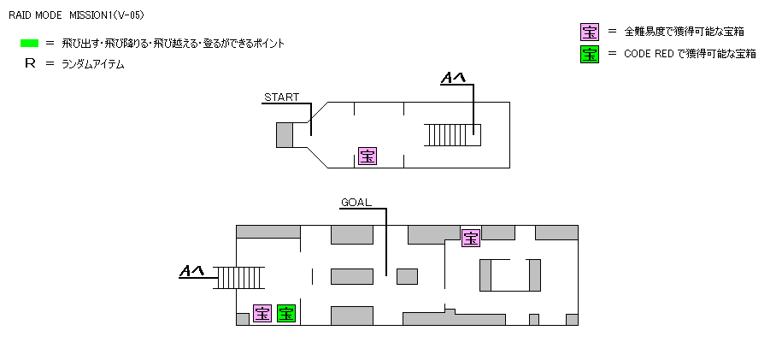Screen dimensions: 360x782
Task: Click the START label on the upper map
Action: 281,97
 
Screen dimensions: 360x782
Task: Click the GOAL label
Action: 356,203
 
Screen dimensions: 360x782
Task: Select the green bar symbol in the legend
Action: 30,43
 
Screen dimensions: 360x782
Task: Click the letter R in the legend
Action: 30,64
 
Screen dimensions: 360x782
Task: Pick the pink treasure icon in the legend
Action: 589,32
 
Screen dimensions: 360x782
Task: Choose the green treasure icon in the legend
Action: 589,54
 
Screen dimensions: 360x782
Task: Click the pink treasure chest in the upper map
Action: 367,156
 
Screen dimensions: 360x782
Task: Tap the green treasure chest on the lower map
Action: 285,314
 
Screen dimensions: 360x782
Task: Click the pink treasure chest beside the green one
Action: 262,314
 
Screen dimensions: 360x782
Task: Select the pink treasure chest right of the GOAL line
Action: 470,238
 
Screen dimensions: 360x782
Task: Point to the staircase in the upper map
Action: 453,135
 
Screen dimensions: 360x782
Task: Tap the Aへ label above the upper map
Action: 452,79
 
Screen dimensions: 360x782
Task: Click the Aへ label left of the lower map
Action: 191,272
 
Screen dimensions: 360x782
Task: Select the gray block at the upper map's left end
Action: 285,135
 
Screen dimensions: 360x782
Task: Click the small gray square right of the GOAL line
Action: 407,276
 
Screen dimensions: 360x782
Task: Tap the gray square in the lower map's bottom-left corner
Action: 242,319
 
